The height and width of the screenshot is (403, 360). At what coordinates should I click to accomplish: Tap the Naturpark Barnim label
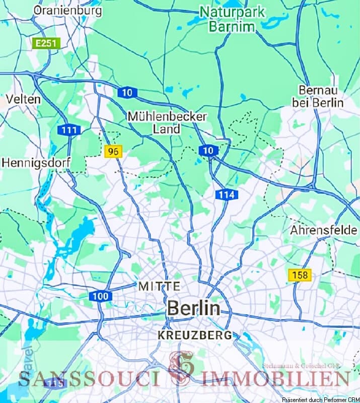232,19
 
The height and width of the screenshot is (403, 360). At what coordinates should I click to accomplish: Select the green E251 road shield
47,43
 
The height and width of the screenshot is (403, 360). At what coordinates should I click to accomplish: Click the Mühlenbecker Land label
167,122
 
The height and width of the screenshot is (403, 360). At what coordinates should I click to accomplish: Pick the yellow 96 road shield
114,151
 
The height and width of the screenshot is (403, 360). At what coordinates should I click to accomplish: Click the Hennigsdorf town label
36,163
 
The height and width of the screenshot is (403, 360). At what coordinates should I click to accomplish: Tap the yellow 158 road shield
300,275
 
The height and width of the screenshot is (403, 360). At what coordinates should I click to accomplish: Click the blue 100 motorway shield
101,296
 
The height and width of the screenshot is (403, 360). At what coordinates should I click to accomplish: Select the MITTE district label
159,286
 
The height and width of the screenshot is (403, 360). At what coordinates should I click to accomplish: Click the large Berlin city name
194,308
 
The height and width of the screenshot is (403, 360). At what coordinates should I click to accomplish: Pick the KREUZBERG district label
195,334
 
